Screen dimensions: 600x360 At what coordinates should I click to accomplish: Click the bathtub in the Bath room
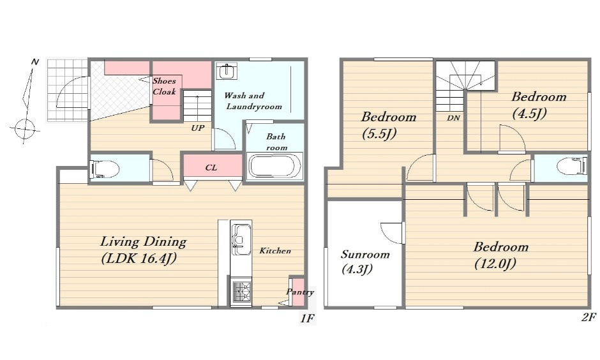point(275,166)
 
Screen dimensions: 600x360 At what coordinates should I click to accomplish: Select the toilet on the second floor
point(572,167)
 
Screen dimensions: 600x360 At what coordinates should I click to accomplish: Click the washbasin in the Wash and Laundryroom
point(227,71)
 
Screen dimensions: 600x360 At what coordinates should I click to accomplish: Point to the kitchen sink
point(241,241)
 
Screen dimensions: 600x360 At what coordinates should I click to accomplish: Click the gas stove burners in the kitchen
point(241,292)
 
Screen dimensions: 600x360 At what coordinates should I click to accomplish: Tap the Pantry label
point(300,292)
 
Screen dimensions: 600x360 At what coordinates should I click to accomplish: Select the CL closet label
point(211,168)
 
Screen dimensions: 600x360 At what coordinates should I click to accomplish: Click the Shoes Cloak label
point(164,86)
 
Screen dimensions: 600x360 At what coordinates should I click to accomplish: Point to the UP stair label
point(197,128)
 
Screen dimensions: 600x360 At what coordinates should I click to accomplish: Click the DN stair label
point(453,118)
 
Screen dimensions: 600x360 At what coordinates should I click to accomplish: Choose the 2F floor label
point(589,317)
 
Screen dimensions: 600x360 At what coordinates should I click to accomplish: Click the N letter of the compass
point(35,61)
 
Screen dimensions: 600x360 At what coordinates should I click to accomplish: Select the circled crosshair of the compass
point(25,129)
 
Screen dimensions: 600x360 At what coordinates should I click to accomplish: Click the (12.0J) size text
point(495,264)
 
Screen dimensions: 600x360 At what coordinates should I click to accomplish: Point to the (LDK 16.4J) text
point(139,259)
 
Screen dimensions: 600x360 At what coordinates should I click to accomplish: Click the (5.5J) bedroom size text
point(379,133)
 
